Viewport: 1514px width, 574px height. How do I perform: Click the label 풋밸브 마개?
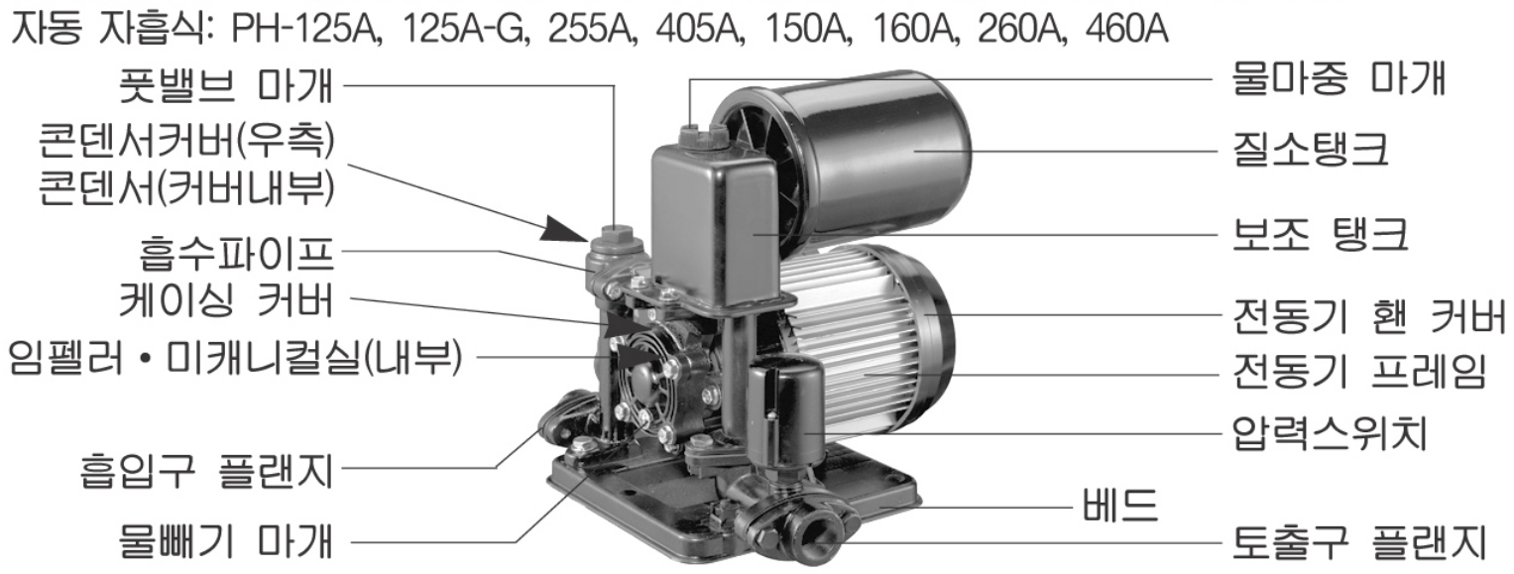(226, 85)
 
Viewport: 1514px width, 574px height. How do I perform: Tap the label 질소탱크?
(1311, 150)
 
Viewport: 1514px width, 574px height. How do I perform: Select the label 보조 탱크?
(1320, 235)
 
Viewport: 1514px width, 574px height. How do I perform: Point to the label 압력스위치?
(1330, 432)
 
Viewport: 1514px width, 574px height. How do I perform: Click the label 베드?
(1120, 505)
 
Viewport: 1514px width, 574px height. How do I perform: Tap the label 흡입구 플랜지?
(207, 469)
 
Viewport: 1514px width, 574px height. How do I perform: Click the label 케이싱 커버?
(226, 299)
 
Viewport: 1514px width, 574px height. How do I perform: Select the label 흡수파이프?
(236, 252)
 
